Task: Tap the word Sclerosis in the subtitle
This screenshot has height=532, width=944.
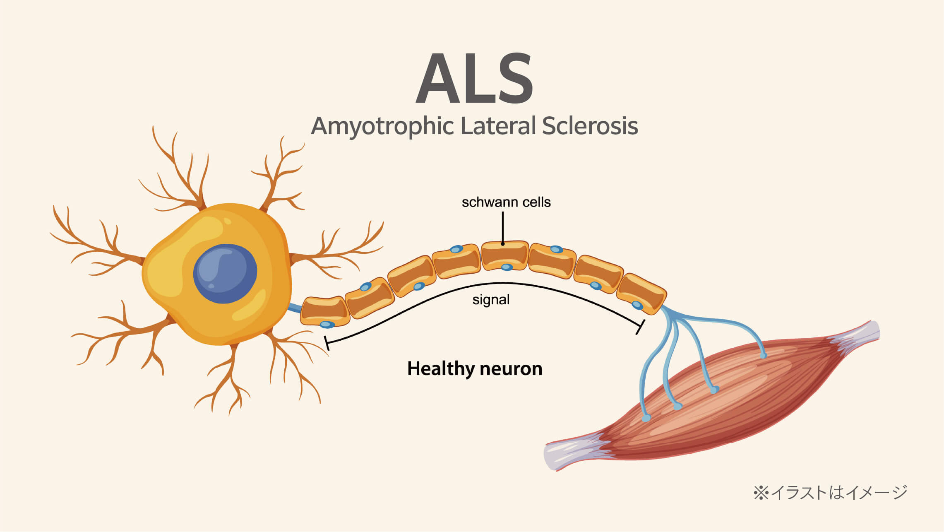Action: pos(590,126)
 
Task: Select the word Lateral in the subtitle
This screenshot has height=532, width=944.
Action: pos(498,126)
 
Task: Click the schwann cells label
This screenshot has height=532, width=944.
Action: pos(506,202)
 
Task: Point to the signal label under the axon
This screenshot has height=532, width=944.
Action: pos(491,300)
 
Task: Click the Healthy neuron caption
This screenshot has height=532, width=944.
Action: pos(475,368)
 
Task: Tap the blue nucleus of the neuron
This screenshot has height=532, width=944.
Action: pos(225,274)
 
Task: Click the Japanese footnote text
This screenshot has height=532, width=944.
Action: pos(830,493)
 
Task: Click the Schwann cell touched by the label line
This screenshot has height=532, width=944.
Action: pos(504,255)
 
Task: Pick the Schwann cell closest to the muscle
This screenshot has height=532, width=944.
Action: pos(641,293)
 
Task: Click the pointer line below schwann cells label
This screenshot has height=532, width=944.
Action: pos(503,228)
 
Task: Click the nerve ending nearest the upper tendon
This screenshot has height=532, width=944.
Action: pos(764,355)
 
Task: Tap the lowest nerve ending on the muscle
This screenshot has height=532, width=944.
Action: pos(646,418)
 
